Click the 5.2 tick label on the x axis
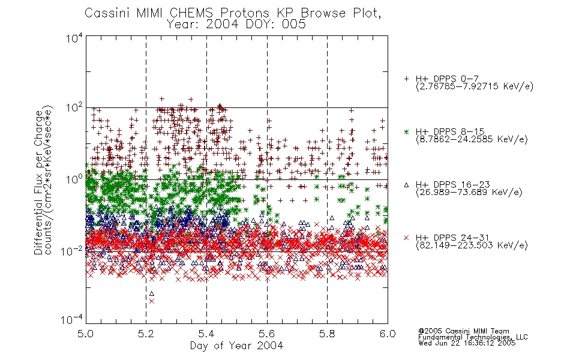pyautogui.click(x=146, y=334)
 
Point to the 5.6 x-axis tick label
pyautogui.click(x=267, y=334)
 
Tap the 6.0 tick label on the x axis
pyautogui.click(x=388, y=334)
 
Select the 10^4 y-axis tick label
pyautogui.click(x=74, y=38)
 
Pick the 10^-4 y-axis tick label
pyautogui.click(x=73, y=319)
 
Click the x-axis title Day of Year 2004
pyautogui.click(x=236, y=346)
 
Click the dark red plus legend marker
pyautogui.click(x=406, y=79)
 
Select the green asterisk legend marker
pyautogui.click(x=406, y=131)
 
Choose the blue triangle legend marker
pyautogui.click(x=406, y=185)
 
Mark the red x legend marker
pyautogui.click(x=406, y=238)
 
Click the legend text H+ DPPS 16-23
pyautogui.click(x=453, y=184)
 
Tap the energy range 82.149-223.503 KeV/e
pyautogui.click(x=472, y=245)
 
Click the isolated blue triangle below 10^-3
pyautogui.click(x=152, y=293)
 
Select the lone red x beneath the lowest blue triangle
pyautogui.click(x=152, y=301)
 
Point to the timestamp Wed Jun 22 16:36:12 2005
pyautogui.click(x=467, y=343)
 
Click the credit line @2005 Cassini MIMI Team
pyautogui.click(x=464, y=331)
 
